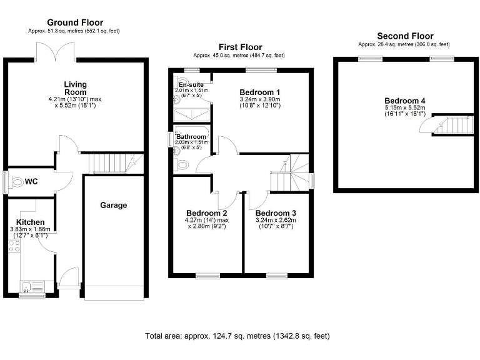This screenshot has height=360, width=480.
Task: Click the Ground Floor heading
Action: [75, 22]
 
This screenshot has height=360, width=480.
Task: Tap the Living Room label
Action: [75, 88]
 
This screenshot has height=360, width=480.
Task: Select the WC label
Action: [32, 182]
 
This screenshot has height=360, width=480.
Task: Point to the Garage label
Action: [114, 205]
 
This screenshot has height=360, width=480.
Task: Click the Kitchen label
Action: [30, 222]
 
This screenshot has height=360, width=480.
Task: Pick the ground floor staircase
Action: [113, 164]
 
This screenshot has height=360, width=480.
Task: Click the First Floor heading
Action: [240, 47]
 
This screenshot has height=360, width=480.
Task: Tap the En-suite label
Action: [191, 84]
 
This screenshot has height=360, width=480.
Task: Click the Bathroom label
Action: [191, 136]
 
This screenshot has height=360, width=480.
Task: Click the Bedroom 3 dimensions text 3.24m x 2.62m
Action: [276, 220]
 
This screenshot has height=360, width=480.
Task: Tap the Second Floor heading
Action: [404, 36]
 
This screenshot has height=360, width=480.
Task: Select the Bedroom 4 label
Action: [404, 101]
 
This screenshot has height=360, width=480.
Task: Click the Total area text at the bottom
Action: [237, 336]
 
